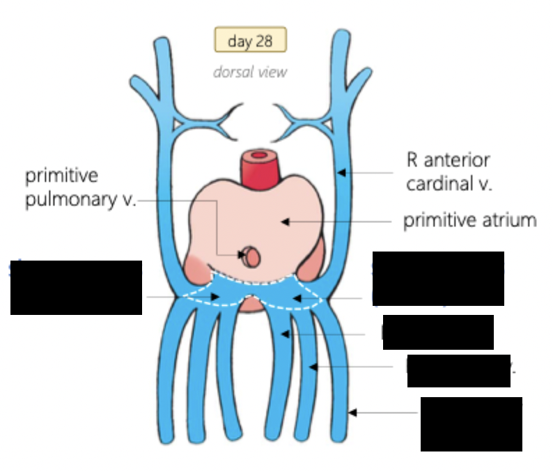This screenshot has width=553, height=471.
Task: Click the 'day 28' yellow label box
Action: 249,41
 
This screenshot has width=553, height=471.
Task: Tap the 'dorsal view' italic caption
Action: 250,72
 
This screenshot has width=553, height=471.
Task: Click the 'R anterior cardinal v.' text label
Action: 448,171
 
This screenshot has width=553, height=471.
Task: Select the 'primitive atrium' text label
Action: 470,221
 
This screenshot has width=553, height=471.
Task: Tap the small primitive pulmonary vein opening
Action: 251,257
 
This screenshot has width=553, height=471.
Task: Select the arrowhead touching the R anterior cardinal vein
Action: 338,171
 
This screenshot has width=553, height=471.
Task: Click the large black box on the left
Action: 76,287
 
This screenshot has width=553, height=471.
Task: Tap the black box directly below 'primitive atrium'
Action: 437,279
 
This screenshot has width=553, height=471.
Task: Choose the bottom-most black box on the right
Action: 471,424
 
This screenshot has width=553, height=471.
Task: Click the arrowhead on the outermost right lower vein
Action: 353,412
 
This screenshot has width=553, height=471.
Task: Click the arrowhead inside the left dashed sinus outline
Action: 219,297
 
